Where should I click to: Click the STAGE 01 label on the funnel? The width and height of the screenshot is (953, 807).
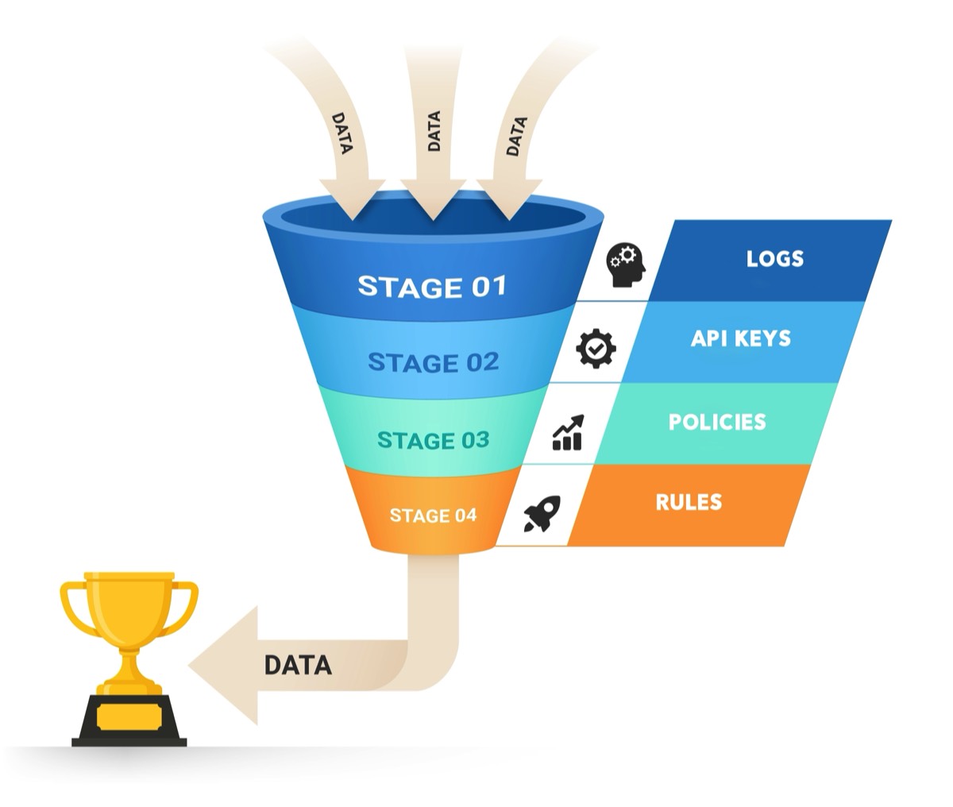(x=431, y=286)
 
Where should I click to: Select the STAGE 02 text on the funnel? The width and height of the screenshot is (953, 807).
(x=433, y=363)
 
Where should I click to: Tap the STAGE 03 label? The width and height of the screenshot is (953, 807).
(x=433, y=440)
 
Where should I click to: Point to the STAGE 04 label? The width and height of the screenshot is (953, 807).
(x=433, y=515)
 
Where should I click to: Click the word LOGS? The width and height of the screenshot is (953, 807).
(x=774, y=259)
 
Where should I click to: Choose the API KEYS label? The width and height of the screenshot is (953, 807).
(x=740, y=338)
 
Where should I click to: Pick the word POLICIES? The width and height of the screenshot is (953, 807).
(x=717, y=422)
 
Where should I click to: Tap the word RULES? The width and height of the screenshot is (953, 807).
(x=689, y=502)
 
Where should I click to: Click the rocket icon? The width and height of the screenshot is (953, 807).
(x=542, y=514)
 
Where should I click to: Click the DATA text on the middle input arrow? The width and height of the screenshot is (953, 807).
(x=434, y=131)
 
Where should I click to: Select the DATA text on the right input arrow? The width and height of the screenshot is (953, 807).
(x=516, y=136)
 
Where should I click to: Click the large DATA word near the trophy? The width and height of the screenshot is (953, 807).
(x=297, y=665)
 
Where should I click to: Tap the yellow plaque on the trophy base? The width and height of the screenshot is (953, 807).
(x=129, y=717)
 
